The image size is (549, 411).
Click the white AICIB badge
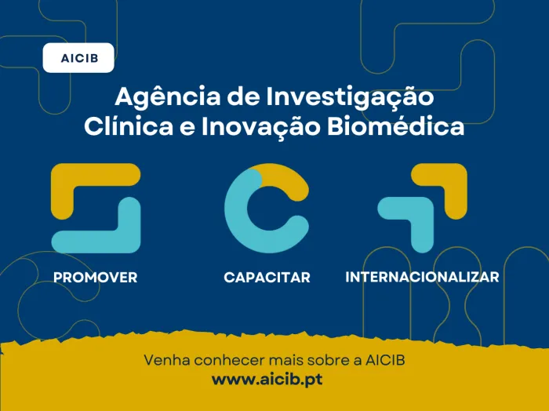click(78, 58)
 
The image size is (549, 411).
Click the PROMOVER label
click(96, 278)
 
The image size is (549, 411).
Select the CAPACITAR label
click(267, 278)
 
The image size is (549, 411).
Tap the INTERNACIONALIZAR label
click(422, 278)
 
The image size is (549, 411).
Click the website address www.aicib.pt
click(267, 379)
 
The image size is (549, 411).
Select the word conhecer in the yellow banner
click(224, 361)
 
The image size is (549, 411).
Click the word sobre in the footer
click(320, 361)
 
